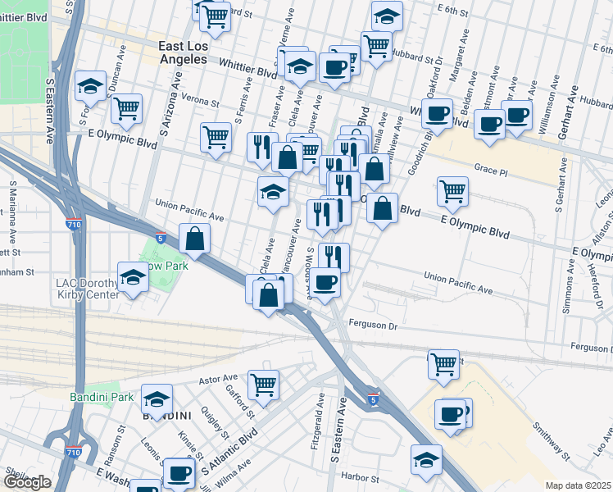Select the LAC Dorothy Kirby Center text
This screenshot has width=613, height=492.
82,289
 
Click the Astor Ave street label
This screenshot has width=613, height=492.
218,380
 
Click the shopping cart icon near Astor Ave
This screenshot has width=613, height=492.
263,383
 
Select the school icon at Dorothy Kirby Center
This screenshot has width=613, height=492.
132,276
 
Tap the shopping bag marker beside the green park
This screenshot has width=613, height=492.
195,239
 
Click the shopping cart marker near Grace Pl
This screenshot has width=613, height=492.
452,190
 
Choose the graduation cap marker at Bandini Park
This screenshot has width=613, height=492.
157,399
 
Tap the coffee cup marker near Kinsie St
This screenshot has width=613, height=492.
178,472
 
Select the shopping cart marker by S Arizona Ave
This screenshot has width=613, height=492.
216,137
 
